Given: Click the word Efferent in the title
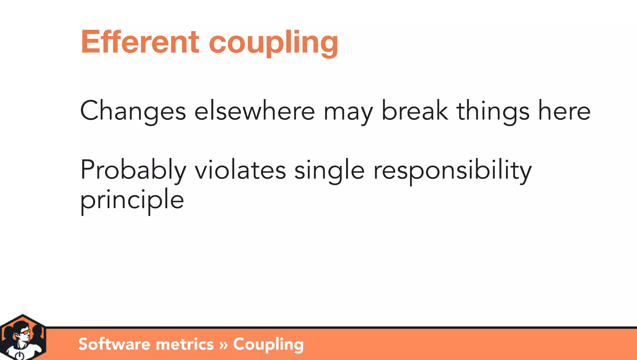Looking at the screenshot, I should point(140,42).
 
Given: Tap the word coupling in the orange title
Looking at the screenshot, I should point(273,42).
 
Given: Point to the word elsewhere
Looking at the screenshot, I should point(255,111).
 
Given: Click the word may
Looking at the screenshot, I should point(348,112).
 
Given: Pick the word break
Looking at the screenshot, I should point(415,110).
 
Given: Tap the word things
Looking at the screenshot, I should point(493,111).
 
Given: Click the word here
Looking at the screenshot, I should point(564,111).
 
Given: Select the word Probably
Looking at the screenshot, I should point(133,170).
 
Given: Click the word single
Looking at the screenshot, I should point(329,171).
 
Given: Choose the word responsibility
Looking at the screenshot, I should point(453,171).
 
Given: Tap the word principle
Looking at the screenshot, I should point(132,200).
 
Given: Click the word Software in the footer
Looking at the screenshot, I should point(114,344).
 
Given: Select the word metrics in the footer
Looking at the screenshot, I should point(185,344).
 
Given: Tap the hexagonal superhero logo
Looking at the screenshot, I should point(23,337).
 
